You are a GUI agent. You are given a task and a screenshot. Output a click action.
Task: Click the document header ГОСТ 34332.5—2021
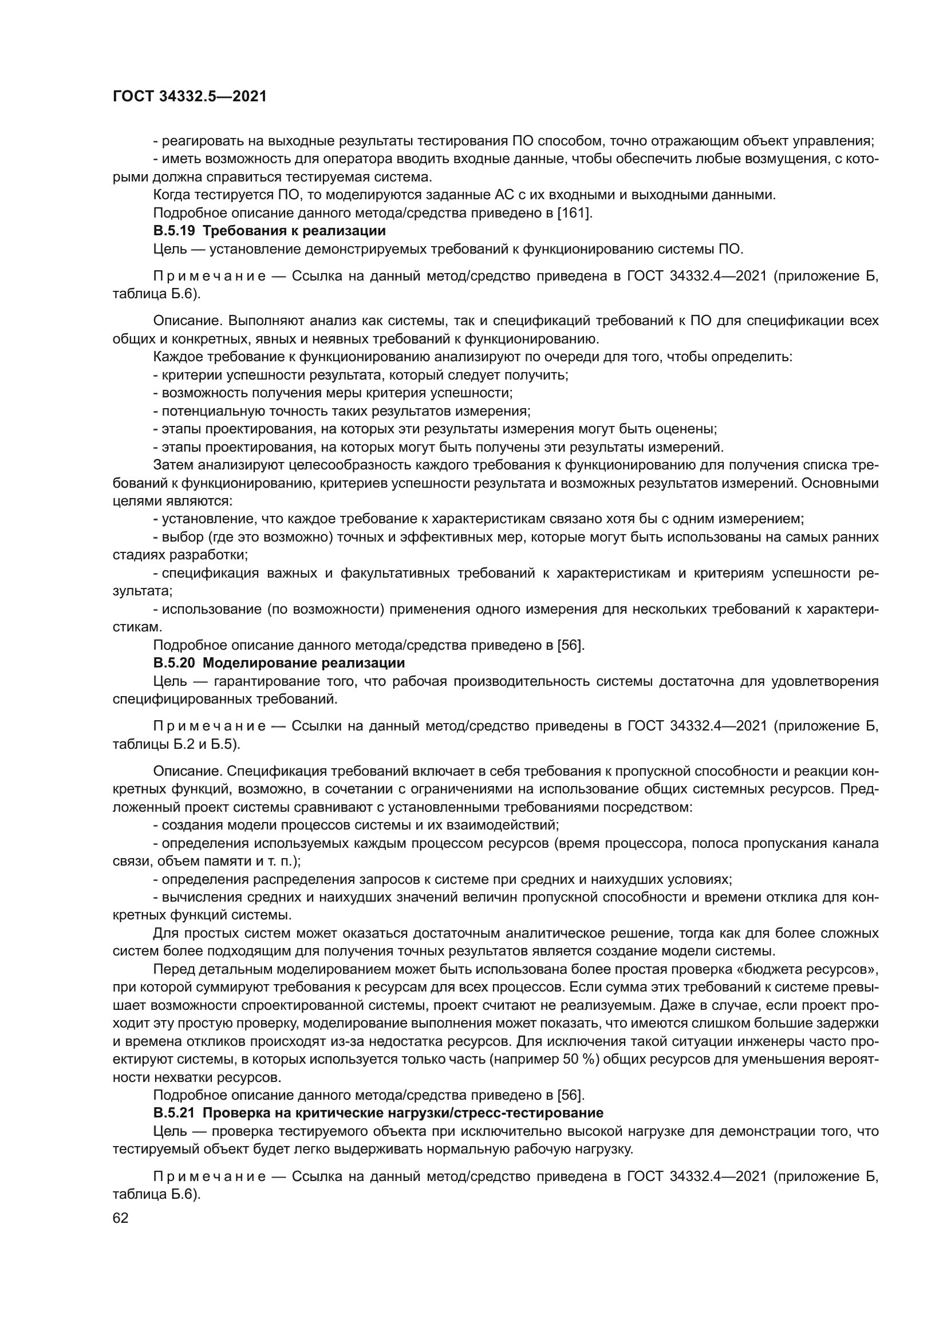(190, 97)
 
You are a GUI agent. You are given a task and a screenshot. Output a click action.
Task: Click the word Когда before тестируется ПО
(173, 195)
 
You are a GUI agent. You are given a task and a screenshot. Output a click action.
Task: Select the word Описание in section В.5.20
(187, 771)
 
